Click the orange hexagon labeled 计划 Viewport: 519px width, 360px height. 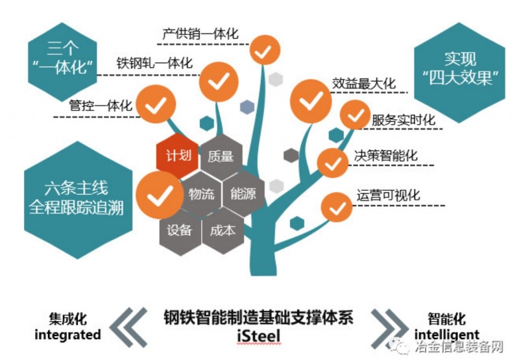(176, 156)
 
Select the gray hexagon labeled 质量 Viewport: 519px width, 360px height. (221, 156)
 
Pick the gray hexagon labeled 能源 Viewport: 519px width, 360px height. (243, 193)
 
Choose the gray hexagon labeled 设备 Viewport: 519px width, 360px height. (179, 230)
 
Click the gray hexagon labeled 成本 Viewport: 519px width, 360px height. (223, 230)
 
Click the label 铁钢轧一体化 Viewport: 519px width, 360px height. (154, 63)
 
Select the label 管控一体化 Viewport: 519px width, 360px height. (101, 104)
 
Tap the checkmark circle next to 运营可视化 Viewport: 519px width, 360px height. (336, 208)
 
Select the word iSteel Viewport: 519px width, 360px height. (259, 335)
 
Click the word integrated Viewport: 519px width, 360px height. (67, 335)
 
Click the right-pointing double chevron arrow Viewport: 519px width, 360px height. (387, 327)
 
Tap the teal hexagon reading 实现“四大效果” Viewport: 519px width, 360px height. (459, 69)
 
